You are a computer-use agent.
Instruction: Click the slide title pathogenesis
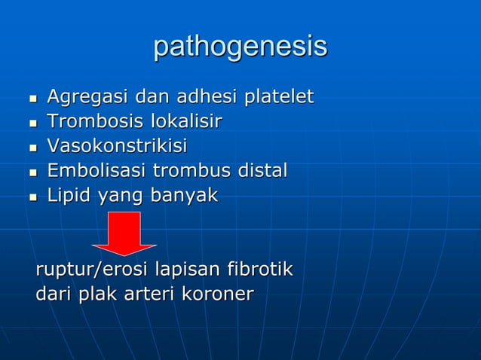[240, 47]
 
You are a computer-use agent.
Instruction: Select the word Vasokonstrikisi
[117, 146]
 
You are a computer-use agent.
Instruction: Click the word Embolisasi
[97, 171]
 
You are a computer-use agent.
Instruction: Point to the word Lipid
[68, 196]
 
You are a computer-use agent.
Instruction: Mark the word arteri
[152, 294]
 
